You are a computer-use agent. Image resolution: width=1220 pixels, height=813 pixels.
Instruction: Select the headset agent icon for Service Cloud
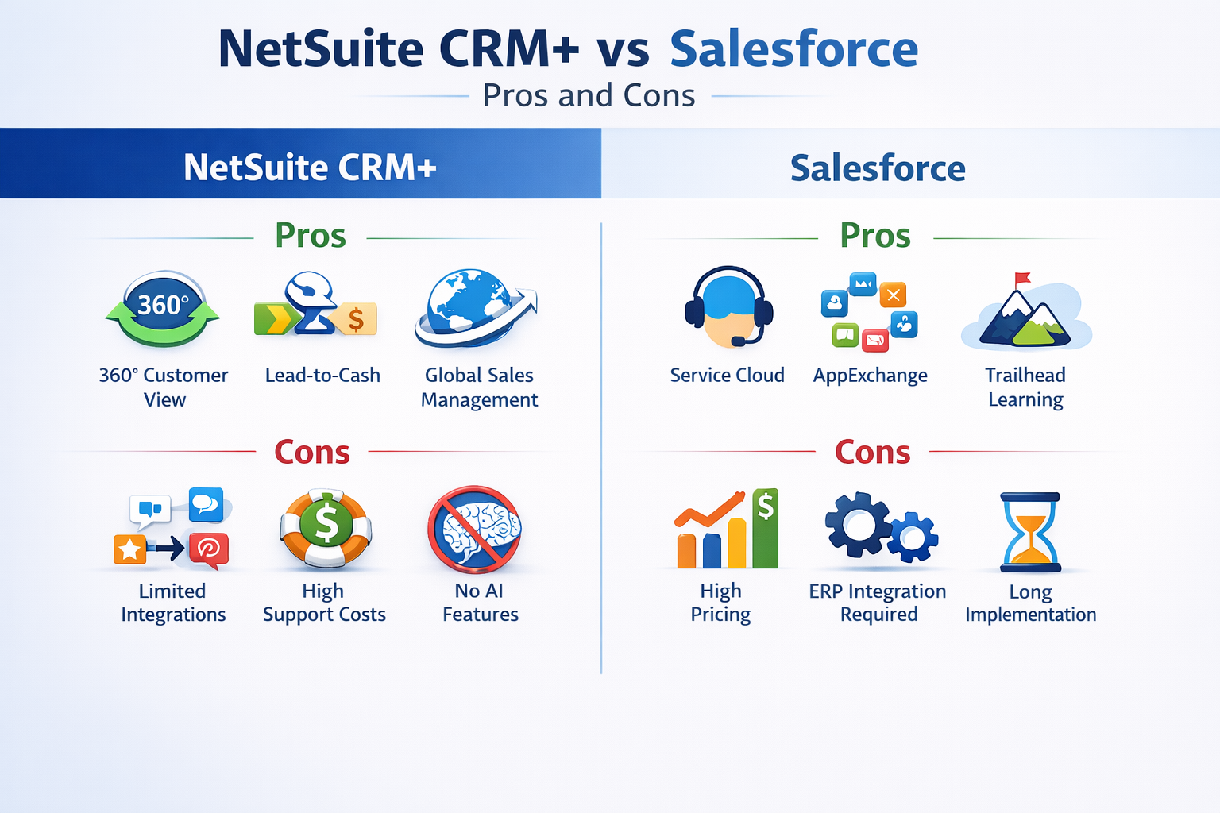pyautogui.click(x=728, y=307)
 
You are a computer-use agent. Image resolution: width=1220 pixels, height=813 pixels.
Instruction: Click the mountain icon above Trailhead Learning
pyautogui.click(x=1025, y=318)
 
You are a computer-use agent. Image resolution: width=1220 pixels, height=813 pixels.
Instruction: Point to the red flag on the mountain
pyautogui.click(x=1022, y=279)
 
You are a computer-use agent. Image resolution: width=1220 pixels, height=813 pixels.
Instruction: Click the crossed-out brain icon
pyautogui.click(x=475, y=529)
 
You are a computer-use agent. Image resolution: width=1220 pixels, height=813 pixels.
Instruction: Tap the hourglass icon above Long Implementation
pyautogui.click(x=1030, y=531)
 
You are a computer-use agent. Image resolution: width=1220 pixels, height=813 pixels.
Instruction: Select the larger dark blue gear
pyautogui.click(x=859, y=525)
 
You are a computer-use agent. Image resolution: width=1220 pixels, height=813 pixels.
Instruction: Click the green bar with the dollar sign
pyautogui.click(x=765, y=528)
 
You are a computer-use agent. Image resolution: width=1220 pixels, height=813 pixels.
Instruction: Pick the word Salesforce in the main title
pyautogui.click(x=793, y=49)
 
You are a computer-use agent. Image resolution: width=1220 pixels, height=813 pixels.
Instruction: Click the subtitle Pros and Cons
pyautogui.click(x=589, y=96)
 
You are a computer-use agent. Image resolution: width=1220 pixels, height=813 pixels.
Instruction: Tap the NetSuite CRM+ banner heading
pyautogui.click(x=310, y=168)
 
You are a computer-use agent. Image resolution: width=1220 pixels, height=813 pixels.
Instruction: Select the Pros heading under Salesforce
pyautogui.click(x=874, y=236)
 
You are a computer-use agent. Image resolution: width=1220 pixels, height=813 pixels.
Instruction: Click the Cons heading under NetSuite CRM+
pyautogui.click(x=312, y=453)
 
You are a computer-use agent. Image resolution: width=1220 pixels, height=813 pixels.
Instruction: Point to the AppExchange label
pyautogui.click(x=870, y=376)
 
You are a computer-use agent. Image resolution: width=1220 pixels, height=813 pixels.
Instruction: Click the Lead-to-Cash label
pyautogui.click(x=322, y=376)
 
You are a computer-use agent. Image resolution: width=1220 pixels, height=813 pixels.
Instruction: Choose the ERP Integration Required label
pyautogui.click(x=878, y=603)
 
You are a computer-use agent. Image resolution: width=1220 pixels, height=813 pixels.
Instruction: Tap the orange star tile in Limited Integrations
pyautogui.click(x=129, y=549)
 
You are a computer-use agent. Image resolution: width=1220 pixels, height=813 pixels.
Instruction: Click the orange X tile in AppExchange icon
pyautogui.click(x=894, y=295)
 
